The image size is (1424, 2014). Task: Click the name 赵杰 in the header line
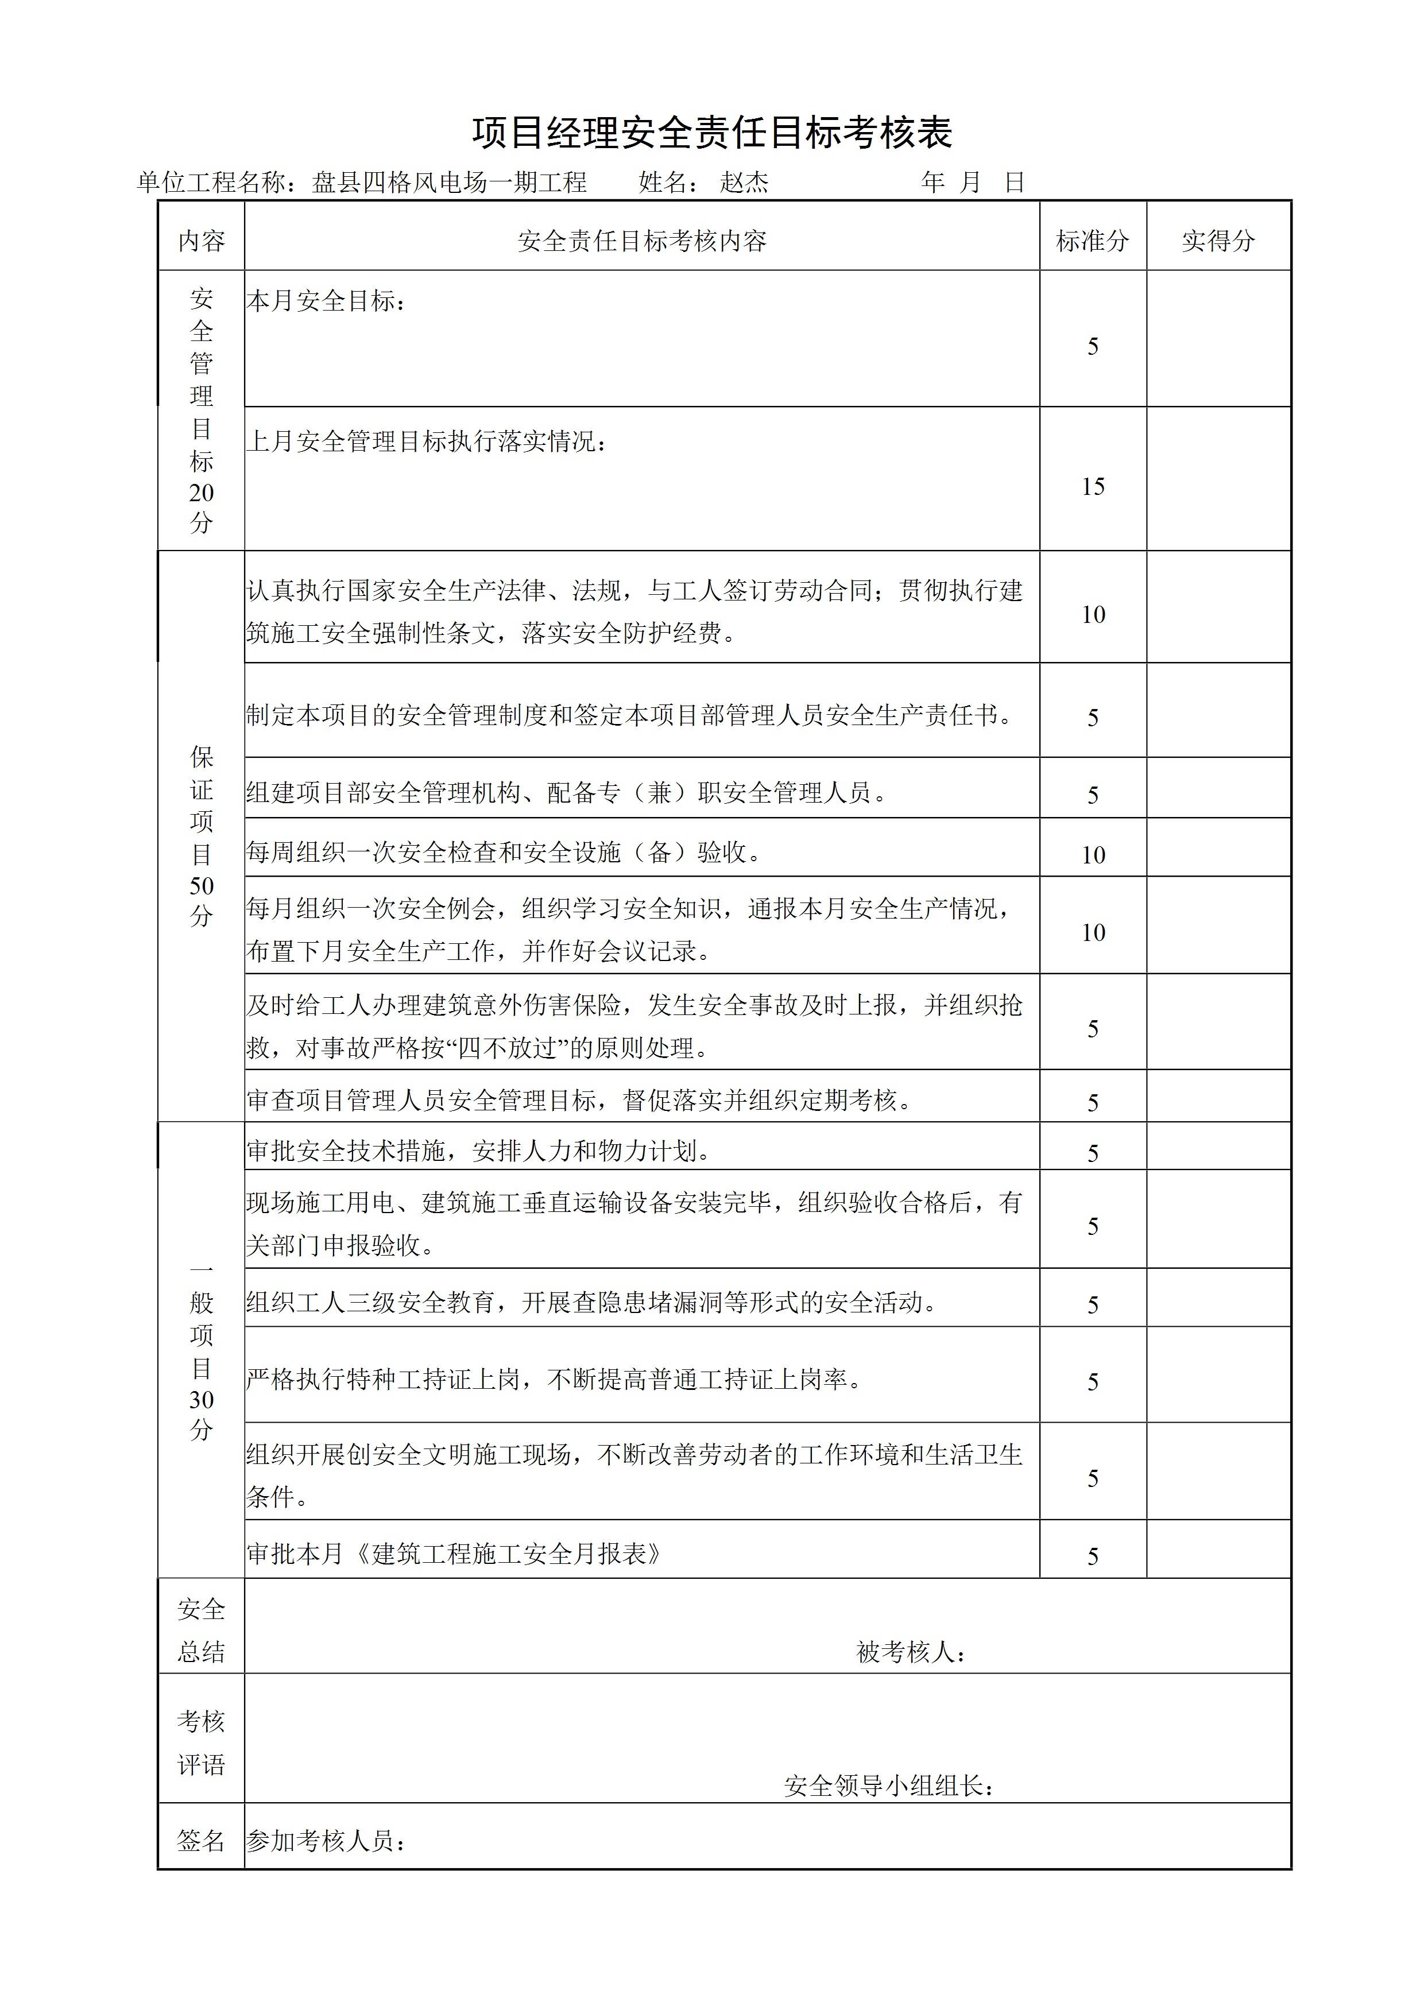pyautogui.click(x=744, y=183)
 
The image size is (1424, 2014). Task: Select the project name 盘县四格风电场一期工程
pyautogui.click(x=449, y=183)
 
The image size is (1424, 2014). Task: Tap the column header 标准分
pyautogui.click(x=1092, y=241)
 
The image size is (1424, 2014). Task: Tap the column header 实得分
pyautogui.click(x=1218, y=241)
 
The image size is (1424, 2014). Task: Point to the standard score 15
pyautogui.click(x=1092, y=487)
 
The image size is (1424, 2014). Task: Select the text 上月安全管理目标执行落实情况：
pyautogui.click(x=427, y=441)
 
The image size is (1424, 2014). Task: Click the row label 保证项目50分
pyautogui.click(x=201, y=836)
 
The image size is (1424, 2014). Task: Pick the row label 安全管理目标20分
pyautogui.click(x=201, y=410)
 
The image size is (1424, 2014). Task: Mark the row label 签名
pyautogui.click(x=201, y=1840)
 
